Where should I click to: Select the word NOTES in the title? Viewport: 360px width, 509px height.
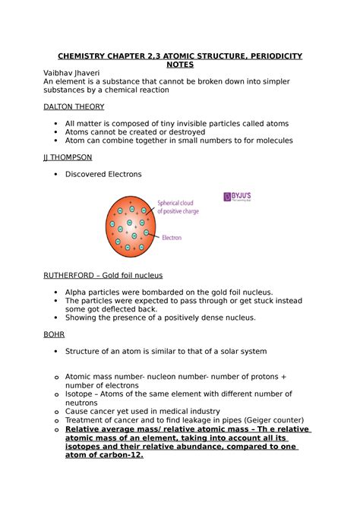pos(179,65)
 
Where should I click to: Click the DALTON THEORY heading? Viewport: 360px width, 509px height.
pos(74,107)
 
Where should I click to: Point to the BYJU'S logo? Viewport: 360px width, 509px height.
pos(242,197)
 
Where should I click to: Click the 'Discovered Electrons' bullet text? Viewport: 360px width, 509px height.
pos(103,174)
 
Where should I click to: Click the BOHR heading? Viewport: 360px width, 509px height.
pos(55,334)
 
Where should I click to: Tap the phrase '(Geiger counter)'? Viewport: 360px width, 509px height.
pos(271,419)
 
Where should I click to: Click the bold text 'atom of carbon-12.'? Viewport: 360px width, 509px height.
pos(104,455)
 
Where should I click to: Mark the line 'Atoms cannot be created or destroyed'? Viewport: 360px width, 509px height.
pos(146,131)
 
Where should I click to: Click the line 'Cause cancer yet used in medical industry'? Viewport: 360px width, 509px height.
pos(143,410)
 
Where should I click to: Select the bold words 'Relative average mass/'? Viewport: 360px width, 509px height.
pos(117,428)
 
